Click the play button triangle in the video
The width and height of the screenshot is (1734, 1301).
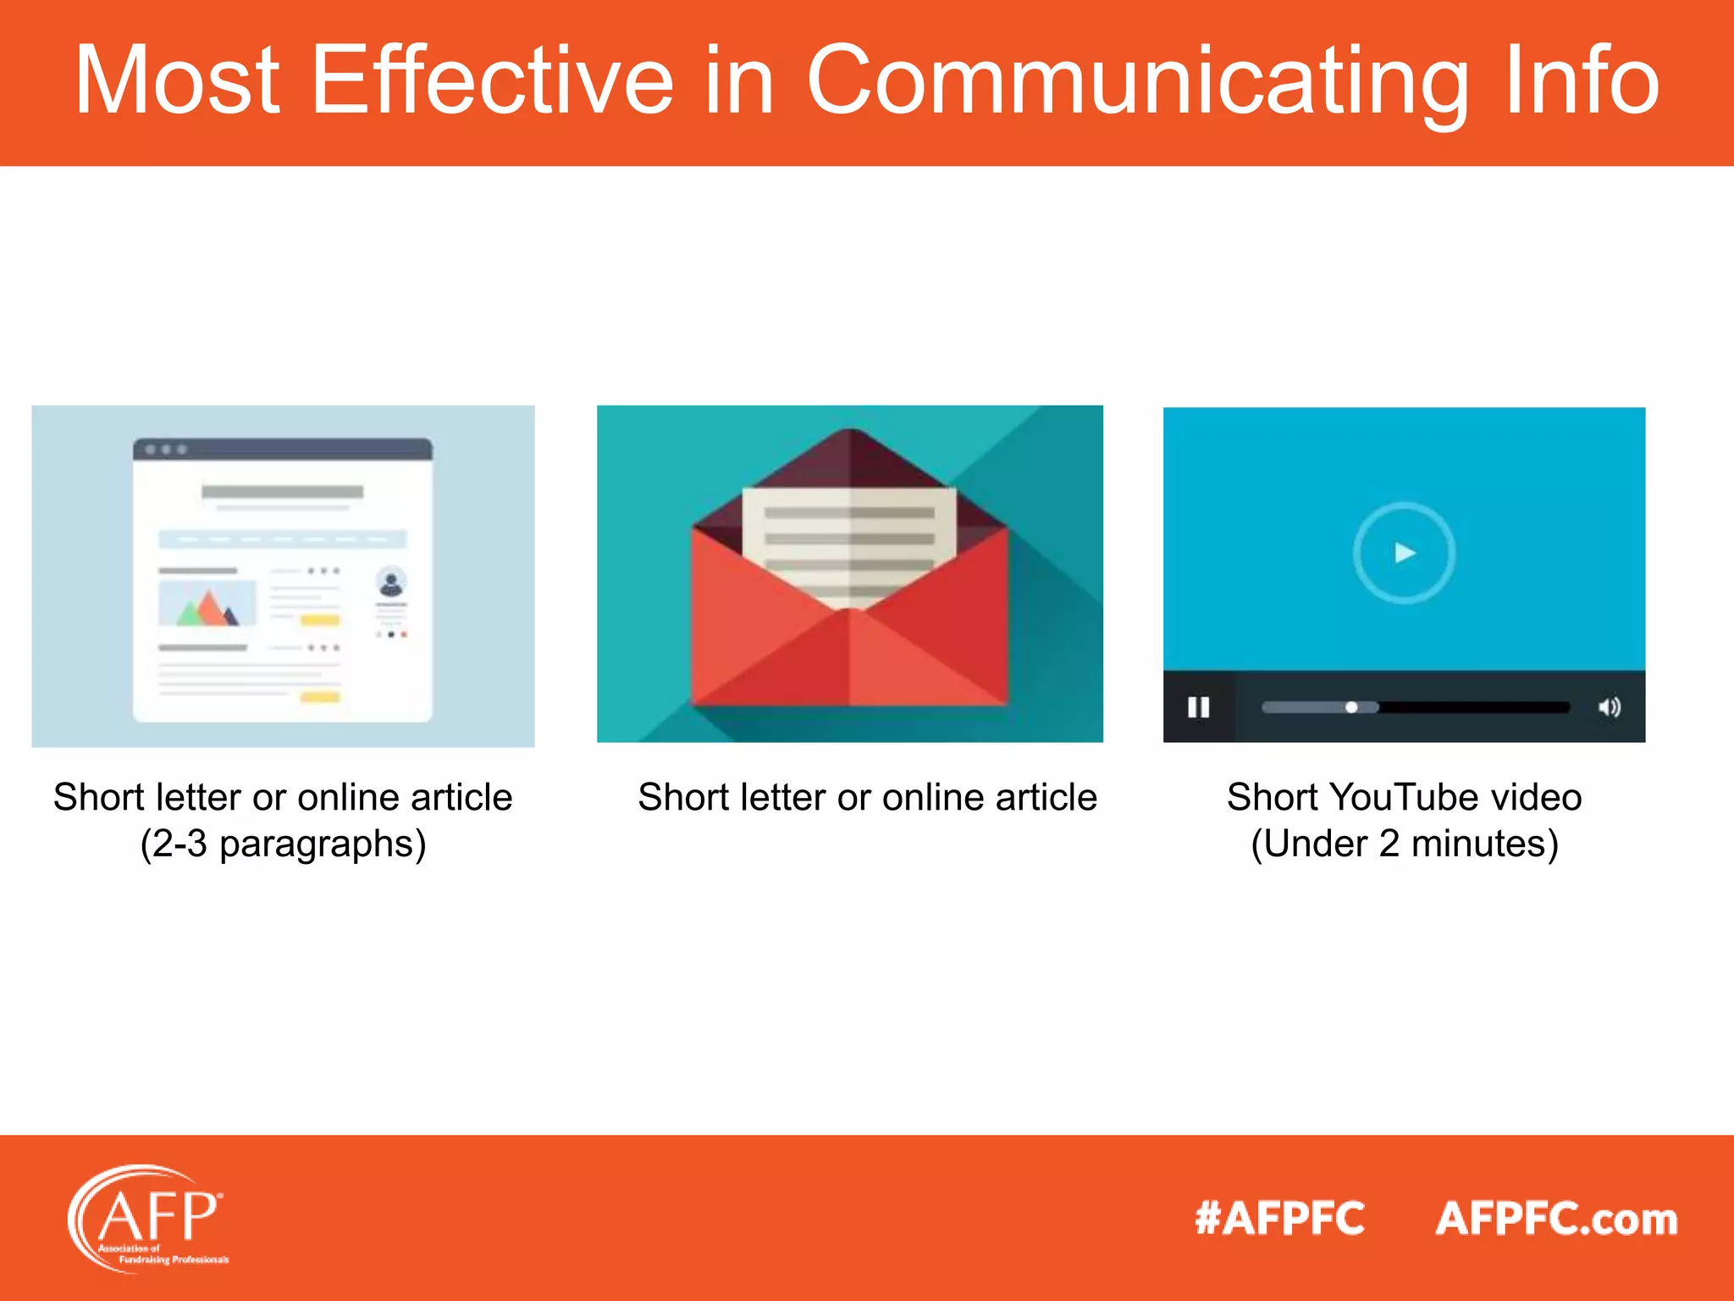pos(1405,553)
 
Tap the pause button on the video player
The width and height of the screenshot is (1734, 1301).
pos(1198,707)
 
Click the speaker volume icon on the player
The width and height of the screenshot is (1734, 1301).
pos(1609,707)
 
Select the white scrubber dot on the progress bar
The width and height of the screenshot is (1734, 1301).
pos(1351,707)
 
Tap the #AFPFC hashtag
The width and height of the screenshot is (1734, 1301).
pos(1279,1219)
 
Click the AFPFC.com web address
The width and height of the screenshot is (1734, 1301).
pos(1556,1219)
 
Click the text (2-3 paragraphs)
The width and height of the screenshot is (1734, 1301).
pos(283,844)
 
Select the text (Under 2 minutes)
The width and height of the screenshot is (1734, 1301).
pos(1405,844)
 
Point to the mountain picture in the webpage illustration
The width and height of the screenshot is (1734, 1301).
pos(207,604)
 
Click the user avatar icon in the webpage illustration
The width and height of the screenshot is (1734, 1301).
pos(391,583)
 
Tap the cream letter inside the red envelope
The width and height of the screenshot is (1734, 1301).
pos(849,542)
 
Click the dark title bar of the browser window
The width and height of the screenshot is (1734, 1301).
pos(283,449)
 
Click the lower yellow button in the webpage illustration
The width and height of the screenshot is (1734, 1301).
pos(320,697)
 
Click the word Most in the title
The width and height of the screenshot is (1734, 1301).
pos(177,80)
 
